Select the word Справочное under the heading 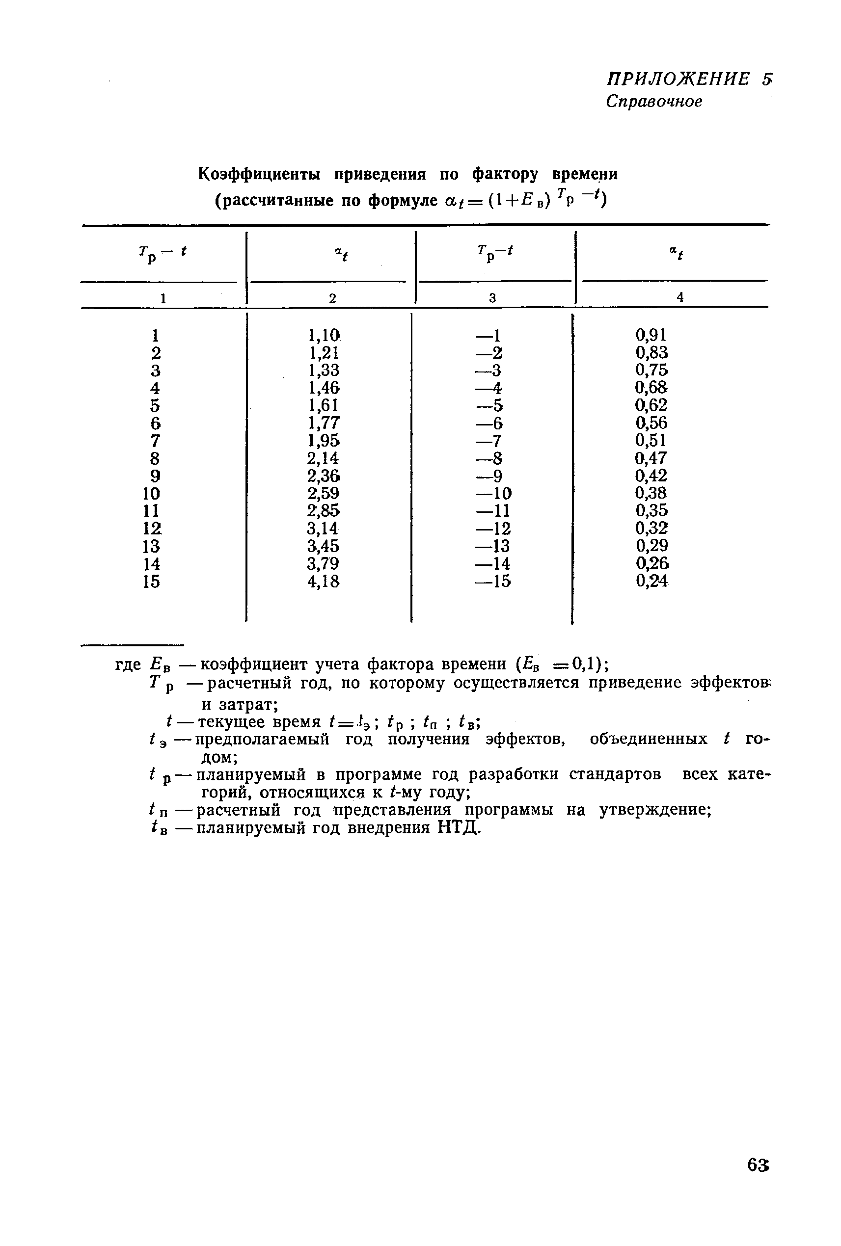pos(653,101)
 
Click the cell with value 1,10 pos(324,336)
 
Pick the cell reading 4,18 pos(324,582)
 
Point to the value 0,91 pos(651,335)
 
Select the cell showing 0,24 pos(651,581)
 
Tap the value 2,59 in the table pos(324,493)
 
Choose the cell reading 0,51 pos(651,441)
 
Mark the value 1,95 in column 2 pos(324,441)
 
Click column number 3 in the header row pos(492,298)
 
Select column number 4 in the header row pos(680,297)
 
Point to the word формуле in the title pos(404,201)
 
